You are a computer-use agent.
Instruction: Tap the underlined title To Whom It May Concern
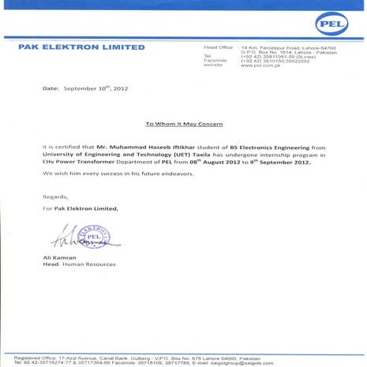pyautogui.click(x=185, y=124)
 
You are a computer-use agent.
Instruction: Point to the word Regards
pyautogui.click(x=57, y=197)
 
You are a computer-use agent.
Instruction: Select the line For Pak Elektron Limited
pyautogui.click(x=81, y=208)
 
